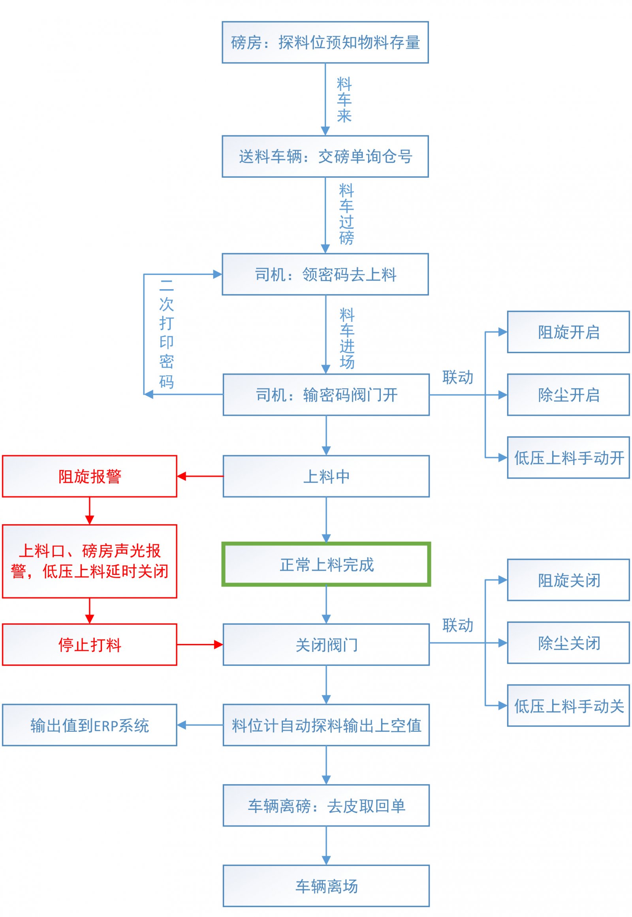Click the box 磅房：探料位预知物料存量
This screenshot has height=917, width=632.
325,42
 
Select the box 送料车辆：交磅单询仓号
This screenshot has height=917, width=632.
325,156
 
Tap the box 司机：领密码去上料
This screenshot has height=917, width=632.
325,275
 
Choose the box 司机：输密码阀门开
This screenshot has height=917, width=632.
326,395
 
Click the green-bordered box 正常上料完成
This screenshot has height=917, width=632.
326,565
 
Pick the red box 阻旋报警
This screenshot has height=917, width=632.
90,476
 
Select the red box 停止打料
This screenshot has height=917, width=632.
90,644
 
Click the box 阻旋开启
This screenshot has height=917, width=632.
568,332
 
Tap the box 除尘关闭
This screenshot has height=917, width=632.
568,643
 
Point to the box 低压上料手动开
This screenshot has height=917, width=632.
568,458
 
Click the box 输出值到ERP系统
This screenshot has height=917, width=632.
90,725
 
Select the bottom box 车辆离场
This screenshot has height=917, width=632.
326,886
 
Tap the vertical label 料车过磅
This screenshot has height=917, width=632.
346,214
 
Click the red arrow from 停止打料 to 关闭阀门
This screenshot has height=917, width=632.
199,644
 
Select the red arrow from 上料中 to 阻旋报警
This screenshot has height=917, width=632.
200,476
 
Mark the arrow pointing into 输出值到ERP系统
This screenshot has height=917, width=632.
200,725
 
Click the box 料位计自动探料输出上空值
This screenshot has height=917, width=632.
326,725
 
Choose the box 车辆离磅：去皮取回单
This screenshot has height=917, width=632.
326,806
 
